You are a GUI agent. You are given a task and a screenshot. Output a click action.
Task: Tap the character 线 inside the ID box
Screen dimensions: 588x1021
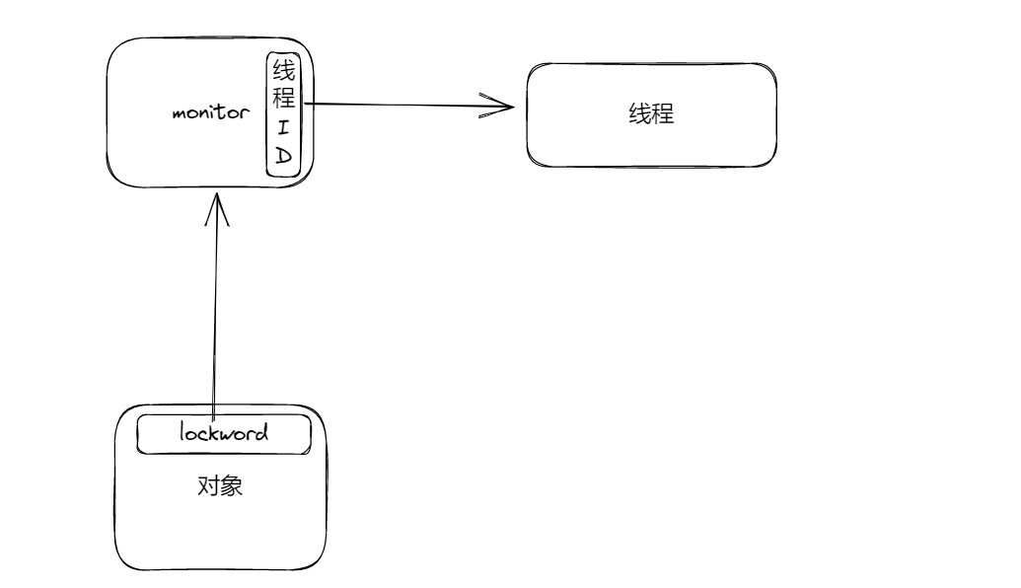pyautogui.click(x=284, y=71)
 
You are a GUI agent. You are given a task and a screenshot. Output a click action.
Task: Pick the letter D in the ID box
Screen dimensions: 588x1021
pyautogui.click(x=284, y=155)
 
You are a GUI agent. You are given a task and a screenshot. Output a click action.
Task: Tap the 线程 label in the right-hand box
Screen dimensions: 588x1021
pyautogui.click(x=651, y=113)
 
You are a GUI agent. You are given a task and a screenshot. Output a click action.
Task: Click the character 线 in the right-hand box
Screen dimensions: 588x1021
pyautogui.click(x=639, y=113)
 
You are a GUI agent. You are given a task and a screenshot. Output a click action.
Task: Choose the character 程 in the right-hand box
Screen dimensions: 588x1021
pyautogui.click(x=662, y=113)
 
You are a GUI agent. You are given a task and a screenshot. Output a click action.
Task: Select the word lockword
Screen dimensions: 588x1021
pyautogui.click(x=224, y=432)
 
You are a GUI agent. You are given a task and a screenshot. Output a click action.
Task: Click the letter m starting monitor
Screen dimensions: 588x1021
pyautogui.click(x=180, y=112)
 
